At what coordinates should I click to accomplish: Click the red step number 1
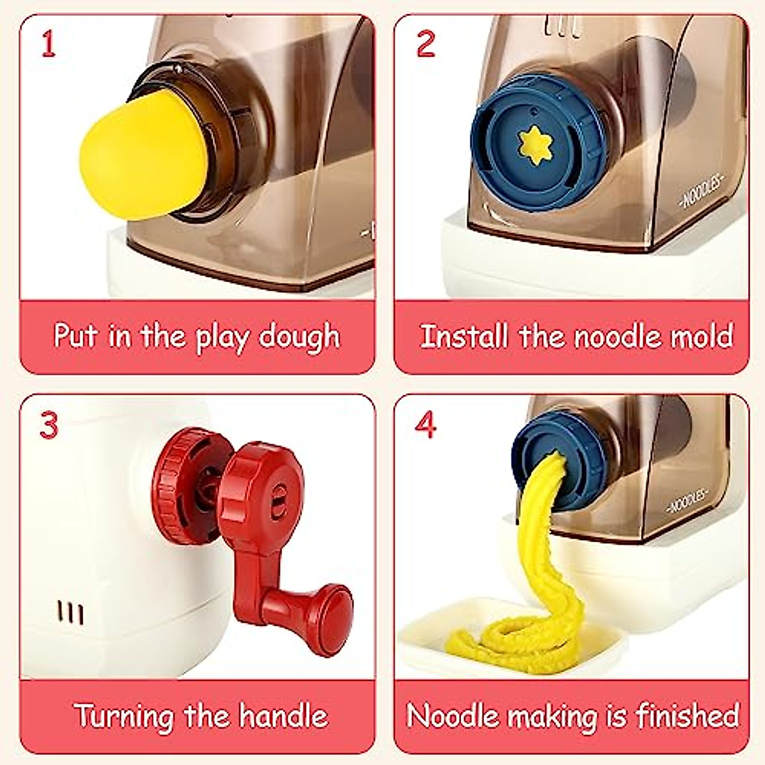tap(48, 45)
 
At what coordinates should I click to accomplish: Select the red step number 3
tap(49, 425)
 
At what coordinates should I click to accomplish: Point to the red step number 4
tap(426, 424)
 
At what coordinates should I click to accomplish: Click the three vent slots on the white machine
tap(70, 612)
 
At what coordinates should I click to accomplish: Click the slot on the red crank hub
tap(278, 498)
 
